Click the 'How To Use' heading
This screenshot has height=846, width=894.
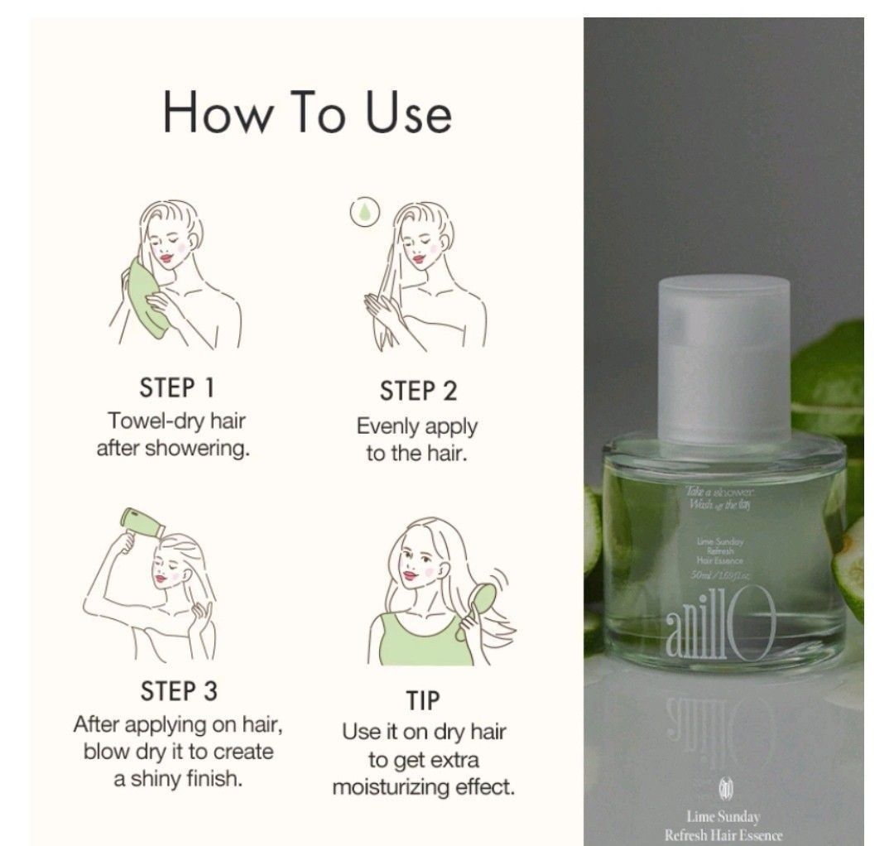307,113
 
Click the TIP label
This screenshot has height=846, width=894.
424,701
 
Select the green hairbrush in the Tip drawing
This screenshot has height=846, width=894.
483,599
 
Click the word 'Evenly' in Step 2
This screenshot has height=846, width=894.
387,427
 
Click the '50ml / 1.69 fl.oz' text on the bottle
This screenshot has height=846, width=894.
720,574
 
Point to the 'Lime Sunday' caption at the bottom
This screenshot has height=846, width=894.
723,817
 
